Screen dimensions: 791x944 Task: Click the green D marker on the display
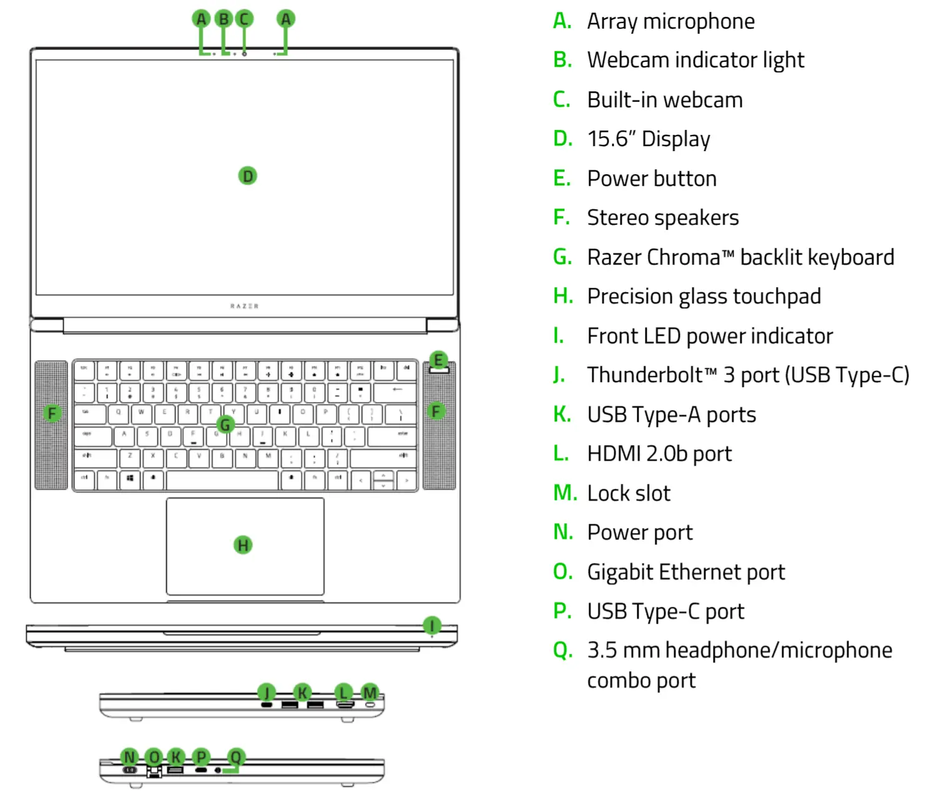(248, 176)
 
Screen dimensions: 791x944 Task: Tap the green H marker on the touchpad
(243, 545)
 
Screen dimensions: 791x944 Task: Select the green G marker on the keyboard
(225, 425)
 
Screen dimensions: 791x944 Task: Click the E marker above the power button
(438, 360)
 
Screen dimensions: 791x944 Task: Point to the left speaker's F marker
(52, 413)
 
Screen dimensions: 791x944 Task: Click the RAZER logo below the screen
(244, 306)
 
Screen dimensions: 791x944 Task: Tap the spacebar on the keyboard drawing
(222, 480)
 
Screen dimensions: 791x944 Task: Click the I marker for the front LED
(432, 625)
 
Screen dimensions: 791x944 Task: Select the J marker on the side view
(267, 692)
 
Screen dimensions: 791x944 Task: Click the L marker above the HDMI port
(343, 692)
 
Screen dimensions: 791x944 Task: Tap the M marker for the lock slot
(370, 692)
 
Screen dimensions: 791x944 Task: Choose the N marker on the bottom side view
(129, 757)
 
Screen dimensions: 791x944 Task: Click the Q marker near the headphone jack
(235, 757)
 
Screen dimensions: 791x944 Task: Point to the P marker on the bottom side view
(201, 757)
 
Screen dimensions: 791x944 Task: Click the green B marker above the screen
(224, 19)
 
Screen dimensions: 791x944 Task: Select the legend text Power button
(651, 179)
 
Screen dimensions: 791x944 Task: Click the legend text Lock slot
(628, 493)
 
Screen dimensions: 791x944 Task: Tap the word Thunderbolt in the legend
(645, 375)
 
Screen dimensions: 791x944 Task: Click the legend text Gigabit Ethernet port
(686, 572)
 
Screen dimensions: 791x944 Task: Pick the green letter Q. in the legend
(563, 651)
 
